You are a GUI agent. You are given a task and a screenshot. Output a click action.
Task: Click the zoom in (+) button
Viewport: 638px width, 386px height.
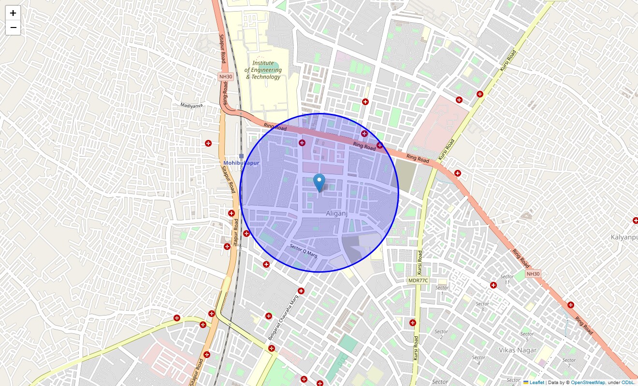[13, 13]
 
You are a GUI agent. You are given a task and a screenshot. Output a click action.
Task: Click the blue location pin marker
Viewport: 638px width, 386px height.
[319, 183]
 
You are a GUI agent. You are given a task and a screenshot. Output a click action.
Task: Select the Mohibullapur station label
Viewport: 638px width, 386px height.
[241, 163]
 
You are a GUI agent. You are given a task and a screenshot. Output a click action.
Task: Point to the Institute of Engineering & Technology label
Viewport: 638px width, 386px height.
[263, 70]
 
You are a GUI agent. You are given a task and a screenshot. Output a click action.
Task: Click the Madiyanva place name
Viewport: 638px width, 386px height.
[192, 105]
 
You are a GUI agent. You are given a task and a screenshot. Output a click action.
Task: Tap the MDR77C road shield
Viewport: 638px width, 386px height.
[418, 280]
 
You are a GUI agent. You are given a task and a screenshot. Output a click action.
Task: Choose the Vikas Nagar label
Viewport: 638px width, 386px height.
[518, 350]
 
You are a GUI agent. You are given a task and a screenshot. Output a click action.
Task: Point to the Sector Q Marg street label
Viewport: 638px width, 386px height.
[303, 250]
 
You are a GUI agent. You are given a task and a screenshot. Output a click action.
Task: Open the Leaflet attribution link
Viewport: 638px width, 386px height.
[536, 382]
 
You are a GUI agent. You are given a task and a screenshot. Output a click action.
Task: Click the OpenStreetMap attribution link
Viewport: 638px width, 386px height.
[588, 382]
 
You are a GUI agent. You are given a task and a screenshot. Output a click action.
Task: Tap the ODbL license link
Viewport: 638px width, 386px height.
[627, 382]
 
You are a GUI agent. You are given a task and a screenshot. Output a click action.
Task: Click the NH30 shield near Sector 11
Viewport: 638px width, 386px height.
[533, 274]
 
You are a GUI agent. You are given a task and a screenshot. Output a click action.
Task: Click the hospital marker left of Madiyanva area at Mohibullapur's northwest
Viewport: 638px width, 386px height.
[208, 143]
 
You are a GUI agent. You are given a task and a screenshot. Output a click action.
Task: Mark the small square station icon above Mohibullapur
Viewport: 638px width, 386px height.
[241, 156]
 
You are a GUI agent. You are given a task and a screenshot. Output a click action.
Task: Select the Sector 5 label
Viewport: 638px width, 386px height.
[527, 337]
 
